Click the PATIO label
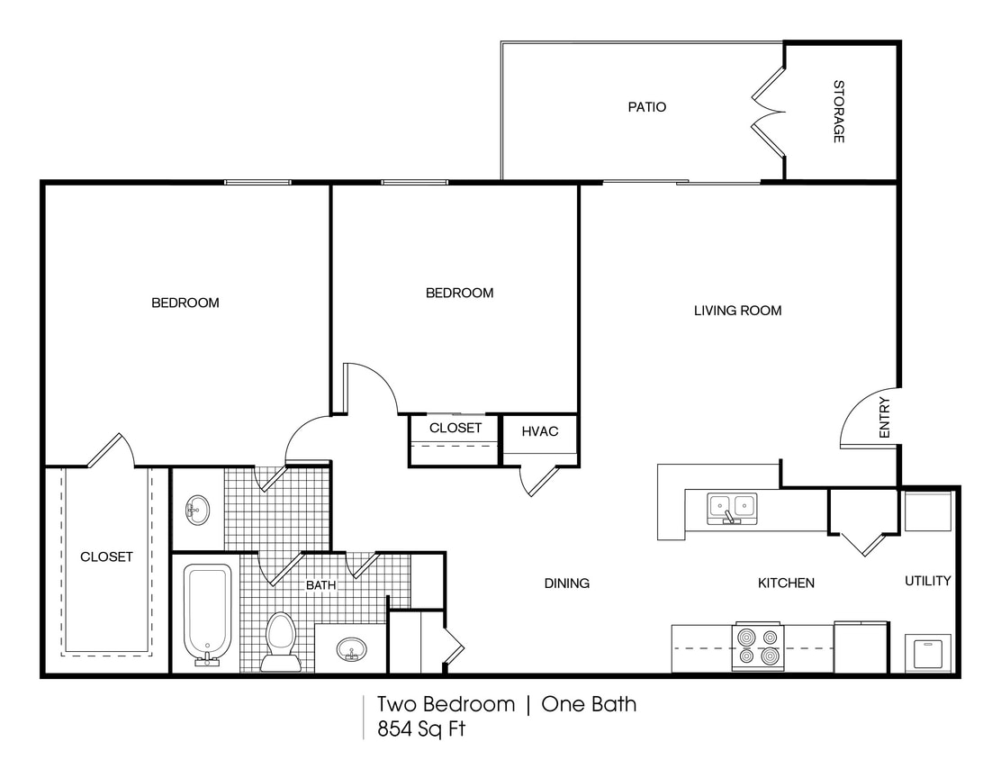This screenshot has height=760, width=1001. point(646,107)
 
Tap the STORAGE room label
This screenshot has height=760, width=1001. point(838,112)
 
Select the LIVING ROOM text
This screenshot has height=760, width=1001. point(737,311)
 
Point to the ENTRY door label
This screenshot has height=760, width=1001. point(884,418)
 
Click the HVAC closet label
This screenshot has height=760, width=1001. point(539,431)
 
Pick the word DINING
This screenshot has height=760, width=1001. point(566,584)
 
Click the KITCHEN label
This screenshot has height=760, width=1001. point(785,584)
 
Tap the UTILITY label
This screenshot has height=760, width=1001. point(927,581)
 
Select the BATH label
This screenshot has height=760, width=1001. point(320,585)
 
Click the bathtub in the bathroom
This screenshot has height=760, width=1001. point(208,613)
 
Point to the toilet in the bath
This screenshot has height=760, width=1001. point(281,640)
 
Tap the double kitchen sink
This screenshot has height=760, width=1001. point(732,507)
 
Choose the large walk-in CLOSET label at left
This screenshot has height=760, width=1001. point(106,556)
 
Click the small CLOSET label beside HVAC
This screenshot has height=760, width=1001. point(455,428)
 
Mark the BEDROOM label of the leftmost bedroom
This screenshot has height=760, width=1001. point(185,303)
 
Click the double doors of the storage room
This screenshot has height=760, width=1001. point(769,112)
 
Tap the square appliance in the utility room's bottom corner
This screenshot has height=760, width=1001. point(926,651)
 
